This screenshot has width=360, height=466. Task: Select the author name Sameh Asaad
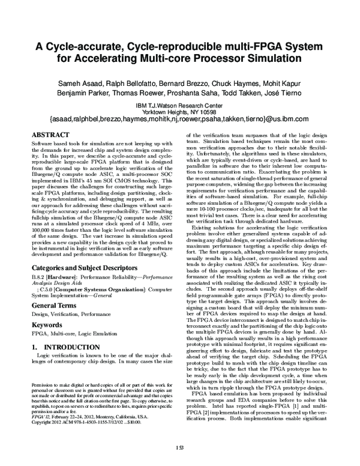(88, 83)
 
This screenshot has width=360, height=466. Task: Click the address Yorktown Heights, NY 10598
(180, 112)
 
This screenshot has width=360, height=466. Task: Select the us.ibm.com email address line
(180, 120)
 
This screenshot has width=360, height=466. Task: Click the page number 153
(180, 447)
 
